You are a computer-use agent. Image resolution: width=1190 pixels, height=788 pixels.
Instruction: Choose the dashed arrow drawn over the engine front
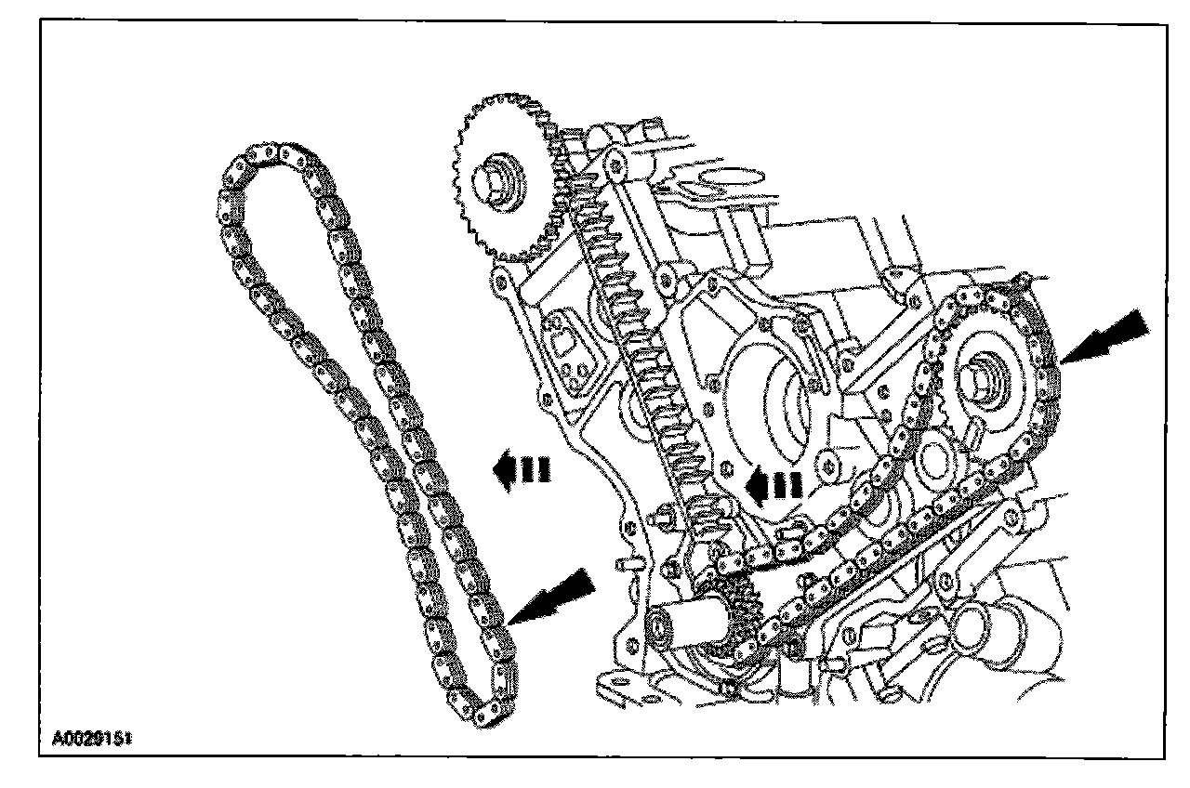coord(776,484)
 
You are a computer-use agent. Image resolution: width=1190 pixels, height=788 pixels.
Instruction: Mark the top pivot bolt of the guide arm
coord(613,164)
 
